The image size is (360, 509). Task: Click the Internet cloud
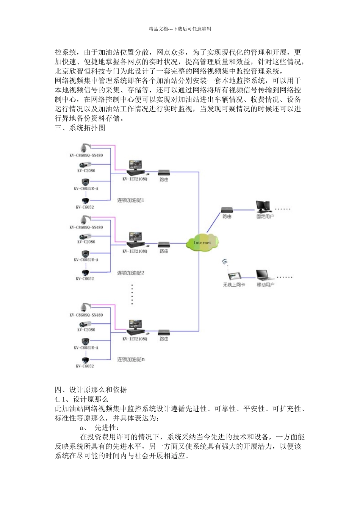202,243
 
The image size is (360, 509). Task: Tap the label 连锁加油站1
131,200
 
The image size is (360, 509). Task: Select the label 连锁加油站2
131,273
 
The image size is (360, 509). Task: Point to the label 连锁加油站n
131,359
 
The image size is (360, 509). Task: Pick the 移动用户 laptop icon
265,275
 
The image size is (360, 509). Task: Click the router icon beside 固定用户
227,209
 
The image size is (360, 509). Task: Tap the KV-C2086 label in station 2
86,242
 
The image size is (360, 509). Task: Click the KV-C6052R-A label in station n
86,348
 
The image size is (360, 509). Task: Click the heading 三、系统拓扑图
80,128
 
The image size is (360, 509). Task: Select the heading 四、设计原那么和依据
91,390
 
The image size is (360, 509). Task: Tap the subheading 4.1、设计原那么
81,399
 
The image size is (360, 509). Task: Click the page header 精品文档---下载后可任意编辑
180,29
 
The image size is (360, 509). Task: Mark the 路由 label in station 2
164,251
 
